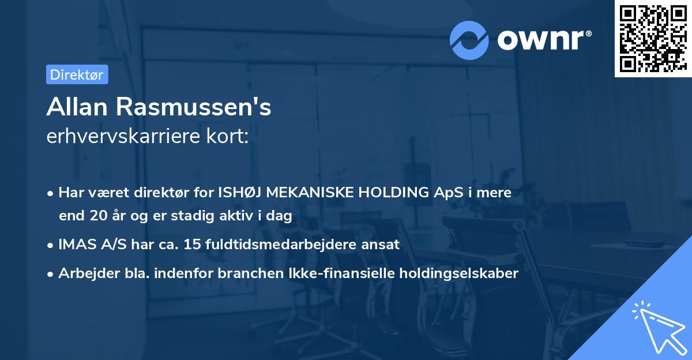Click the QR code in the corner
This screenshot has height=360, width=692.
pos(653,38)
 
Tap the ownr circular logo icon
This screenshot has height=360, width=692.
pos(469,40)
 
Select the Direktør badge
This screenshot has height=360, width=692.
pos(77,74)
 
